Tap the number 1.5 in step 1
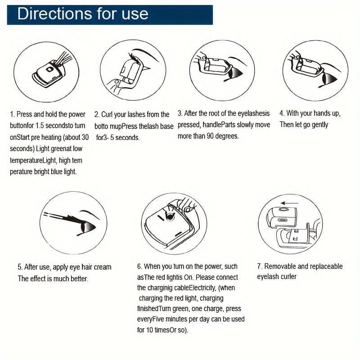40,126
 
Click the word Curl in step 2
107,114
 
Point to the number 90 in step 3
210,136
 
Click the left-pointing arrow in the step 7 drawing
290,203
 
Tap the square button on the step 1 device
49,69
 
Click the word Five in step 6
158,319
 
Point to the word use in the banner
135,14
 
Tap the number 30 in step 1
85,137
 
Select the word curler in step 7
288,277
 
